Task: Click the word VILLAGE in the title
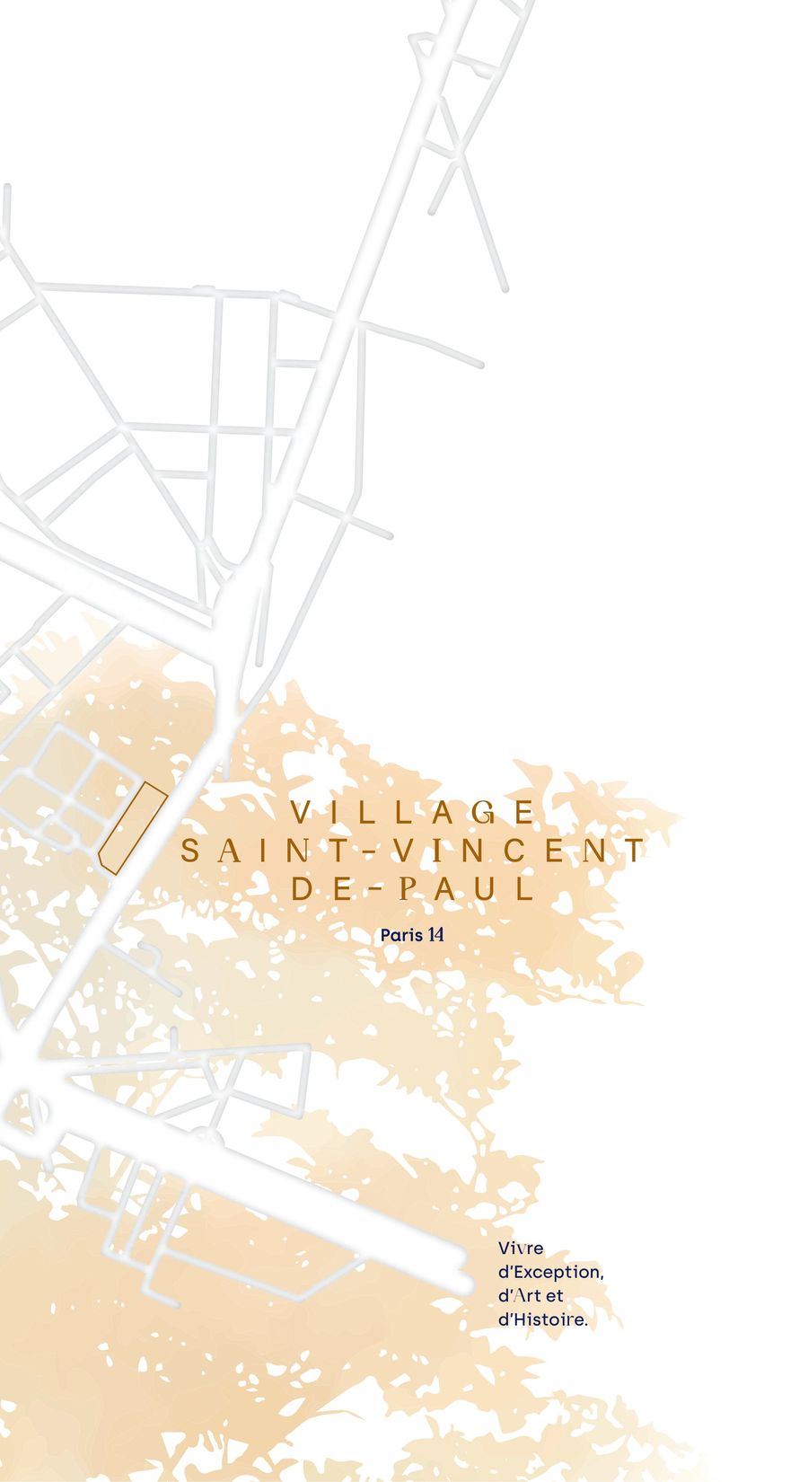pyautogui.click(x=414, y=813)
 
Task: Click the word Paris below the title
pyautogui.click(x=401, y=935)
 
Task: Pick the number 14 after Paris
pyautogui.click(x=436, y=934)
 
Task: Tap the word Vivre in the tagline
pyautogui.click(x=521, y=1248)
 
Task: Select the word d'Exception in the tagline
pyautogui.click(x=549, y=1273)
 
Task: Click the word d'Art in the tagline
pyautogui.click(x=518, y=1296)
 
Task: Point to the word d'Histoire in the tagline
pyautogui.click(x=542, y=1320)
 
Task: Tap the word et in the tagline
pyautogui.click(x=554, y=1296)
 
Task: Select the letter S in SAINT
pyautogui.click(x=189, y=851)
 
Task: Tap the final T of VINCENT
pyautogui.click(x=636, y=851)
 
